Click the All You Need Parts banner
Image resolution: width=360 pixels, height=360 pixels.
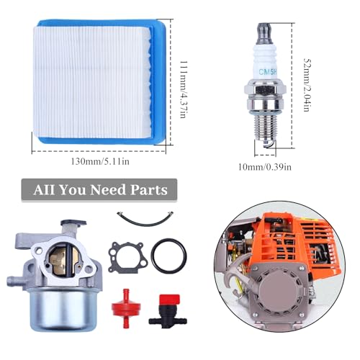coord(100,191)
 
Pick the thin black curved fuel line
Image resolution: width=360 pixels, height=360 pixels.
coord(150,219)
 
